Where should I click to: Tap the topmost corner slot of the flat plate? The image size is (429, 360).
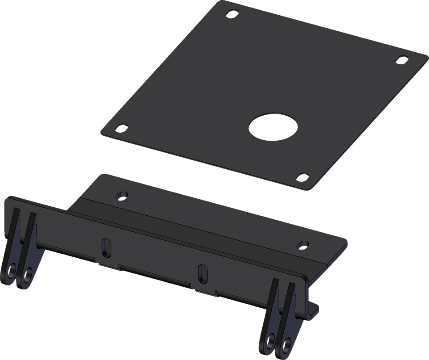click(x=232, y=13)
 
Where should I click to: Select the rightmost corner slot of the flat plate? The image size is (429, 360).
click(x=402, y=59)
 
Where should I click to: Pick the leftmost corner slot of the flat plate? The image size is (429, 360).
click(x=121, y=128)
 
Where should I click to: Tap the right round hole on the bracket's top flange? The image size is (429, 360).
click(x=303, y=244)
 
